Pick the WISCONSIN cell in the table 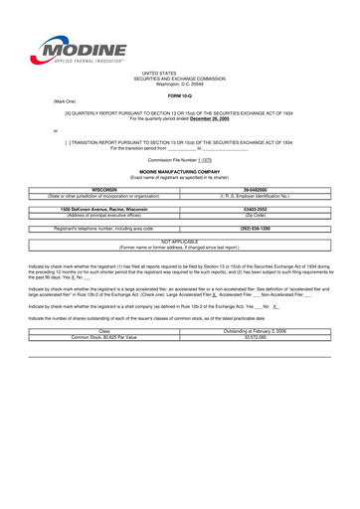[x=104, y=189]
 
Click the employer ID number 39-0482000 [x=255, y=189]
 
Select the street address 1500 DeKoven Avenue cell [x=104, y=209]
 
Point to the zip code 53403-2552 [x=255, y=209]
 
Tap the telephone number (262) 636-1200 [x=255, y=228]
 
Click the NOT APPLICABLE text [x=180, y=242]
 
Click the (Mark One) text [x=63, y=100]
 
